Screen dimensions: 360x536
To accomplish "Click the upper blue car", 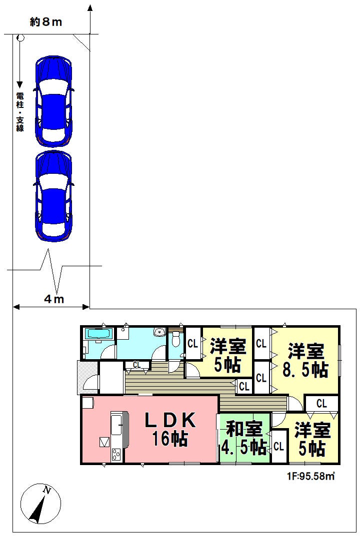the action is (x=53, y=101).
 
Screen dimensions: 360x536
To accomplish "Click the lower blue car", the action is (x=53, y=196).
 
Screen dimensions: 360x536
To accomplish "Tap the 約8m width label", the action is (x=46, y=22).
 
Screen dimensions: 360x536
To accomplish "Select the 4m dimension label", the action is (x=54, y=299).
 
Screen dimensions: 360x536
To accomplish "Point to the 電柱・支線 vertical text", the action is (x=20, y=111).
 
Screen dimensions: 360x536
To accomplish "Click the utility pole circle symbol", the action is (x=20, y=37).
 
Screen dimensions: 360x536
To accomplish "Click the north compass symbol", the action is (x=40, y=504).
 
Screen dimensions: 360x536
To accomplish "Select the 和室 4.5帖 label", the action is (x=244, y=438).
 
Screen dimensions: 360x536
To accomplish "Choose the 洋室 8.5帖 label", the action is (x=305, y=361).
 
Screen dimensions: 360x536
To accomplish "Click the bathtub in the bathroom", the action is (x=98, y=334).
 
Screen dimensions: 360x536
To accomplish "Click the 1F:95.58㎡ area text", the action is (x=310, y=476).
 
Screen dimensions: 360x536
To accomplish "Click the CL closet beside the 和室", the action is (x=278, y=447).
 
